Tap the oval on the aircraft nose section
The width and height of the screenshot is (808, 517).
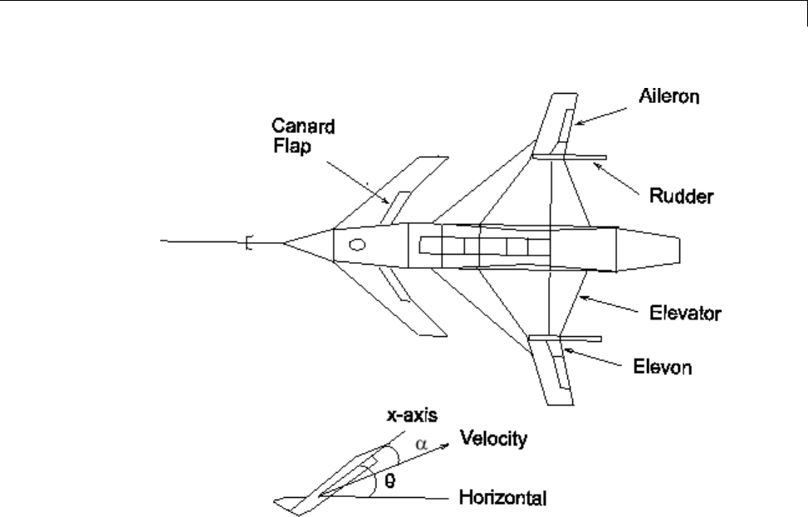coord(357,244)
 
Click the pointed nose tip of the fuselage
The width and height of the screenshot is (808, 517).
coord(285,242)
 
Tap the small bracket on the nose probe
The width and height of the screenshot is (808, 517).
coord(248,242)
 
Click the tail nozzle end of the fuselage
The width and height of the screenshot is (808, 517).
coord(679,249)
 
